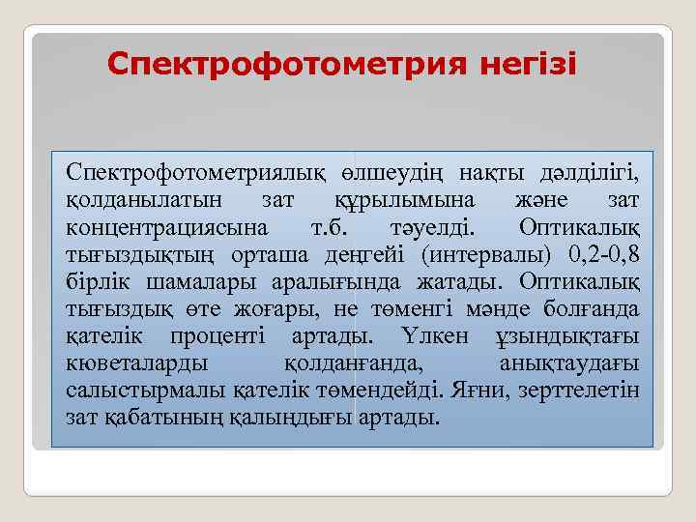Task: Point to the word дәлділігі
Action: point(581,173)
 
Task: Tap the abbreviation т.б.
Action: point(335,227)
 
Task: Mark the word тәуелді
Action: point(440,227)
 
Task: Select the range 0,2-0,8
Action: point(597,254)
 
